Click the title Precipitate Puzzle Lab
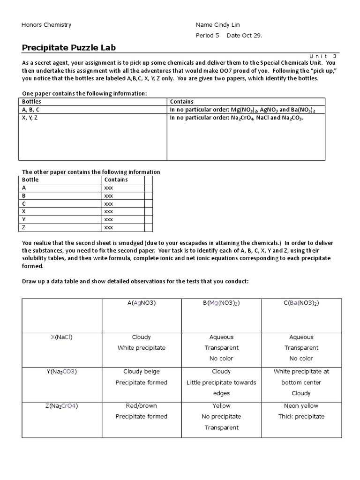click(68, 47)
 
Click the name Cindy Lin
click(227, 25)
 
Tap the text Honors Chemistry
click(46, 25)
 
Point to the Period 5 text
click(207, 36)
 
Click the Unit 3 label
click(323, 56)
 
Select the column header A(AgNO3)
click(142, 303)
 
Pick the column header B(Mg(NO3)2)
click(221, 303)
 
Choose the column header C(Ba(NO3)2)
click(301, 303)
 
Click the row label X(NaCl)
click(62, 337)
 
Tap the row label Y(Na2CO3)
click(62, 372)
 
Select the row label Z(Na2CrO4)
click(62, 406)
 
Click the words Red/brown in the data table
click(142, 406)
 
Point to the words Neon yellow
click(301, 406)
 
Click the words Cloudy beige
click(142, 372)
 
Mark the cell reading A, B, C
click(34, 110)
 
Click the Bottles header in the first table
click(32, 101)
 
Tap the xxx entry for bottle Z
click(109, 227)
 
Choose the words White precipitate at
click(301, 372)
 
